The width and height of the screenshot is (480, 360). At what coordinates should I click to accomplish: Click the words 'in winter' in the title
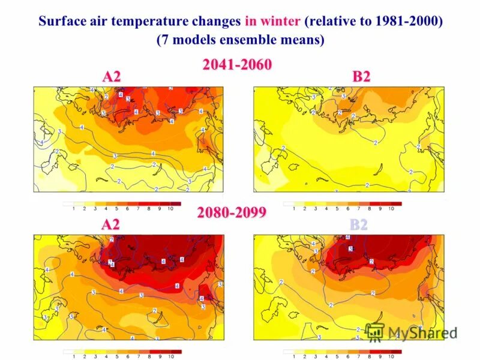tap(272, 22)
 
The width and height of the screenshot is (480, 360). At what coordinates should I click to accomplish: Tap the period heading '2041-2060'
tap(237, 65)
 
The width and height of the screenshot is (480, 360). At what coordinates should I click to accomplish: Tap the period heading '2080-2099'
tap(232, 212)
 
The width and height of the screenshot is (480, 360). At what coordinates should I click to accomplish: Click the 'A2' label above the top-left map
tap(112, 77)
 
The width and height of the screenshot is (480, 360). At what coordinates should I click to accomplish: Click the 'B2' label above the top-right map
tap(361, 77)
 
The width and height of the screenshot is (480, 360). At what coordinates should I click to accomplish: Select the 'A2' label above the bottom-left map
tap(110, 225)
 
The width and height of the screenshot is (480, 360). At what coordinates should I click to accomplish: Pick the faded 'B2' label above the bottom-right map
tap(359, 225)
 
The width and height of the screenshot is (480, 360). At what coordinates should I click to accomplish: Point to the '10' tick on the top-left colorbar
tap(170, 208)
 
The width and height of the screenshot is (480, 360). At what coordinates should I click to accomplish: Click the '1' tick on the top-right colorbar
tap(294, 208)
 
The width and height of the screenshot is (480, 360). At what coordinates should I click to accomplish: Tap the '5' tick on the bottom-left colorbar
tap(117, 356)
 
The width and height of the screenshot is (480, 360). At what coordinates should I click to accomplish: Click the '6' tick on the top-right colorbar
tap(348, 208)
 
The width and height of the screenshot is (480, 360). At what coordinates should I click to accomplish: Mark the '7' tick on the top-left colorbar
tap(138, 208)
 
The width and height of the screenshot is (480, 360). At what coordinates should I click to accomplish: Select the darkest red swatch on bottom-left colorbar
tap(176, 352)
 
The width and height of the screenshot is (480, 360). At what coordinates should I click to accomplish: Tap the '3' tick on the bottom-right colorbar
tap(316, 356)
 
